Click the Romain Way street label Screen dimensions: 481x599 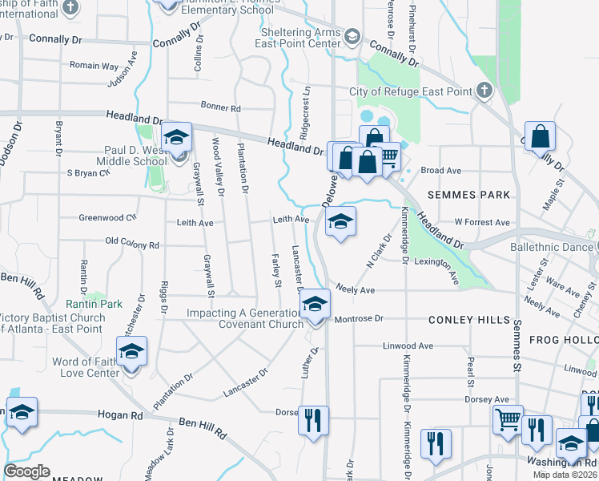[94, 66]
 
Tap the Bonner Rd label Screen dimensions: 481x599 [221, 107]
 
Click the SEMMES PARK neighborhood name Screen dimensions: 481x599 [468, 195]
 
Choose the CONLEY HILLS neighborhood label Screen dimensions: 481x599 [469, 320]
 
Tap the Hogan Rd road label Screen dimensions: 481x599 [119, 416]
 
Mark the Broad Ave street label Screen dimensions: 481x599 [441, 171]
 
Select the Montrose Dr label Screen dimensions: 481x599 [360, 319]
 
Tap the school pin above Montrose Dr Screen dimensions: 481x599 [316, 303]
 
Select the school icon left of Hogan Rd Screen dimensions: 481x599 [22, 412]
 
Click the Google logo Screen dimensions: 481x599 [26, 471]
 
